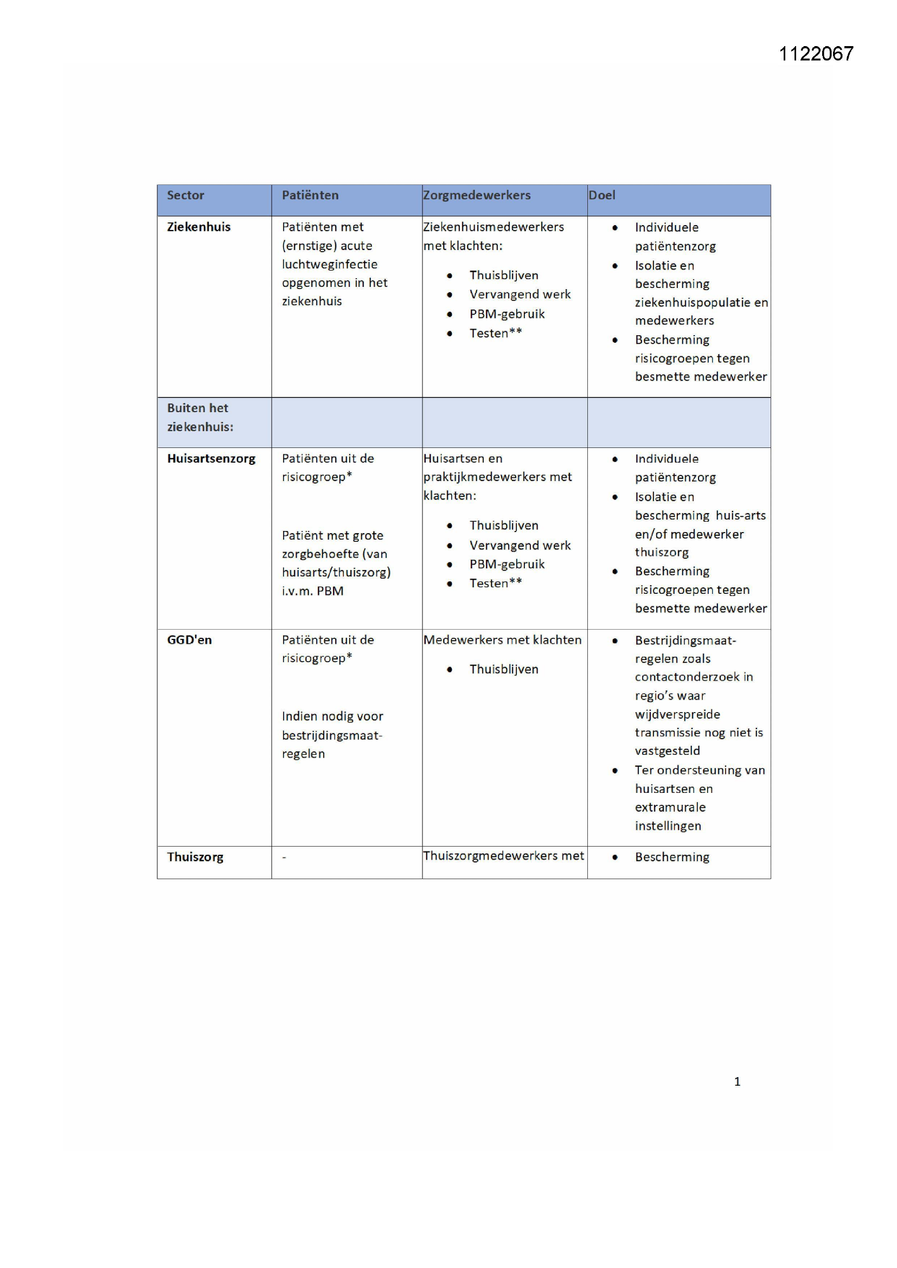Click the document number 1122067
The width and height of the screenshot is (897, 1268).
(x=815, y=54)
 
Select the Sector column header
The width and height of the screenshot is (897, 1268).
(x=185, y=195)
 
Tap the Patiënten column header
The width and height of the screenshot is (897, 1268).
(x=310, y=195)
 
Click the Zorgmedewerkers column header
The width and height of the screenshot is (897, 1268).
(x=477, y=195)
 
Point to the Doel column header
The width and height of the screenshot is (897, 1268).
(x=601, y=195)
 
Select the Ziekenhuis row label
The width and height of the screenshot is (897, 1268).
(x=198, y=227)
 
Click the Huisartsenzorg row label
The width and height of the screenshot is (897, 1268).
(x=211, y=458)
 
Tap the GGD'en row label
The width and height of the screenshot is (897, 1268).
(x=189, y=639)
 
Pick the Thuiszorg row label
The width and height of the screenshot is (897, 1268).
(x=195, y=856)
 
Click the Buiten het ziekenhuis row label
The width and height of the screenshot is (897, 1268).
(x=200, y=417)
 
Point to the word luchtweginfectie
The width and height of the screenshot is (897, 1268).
(x=329, y=264)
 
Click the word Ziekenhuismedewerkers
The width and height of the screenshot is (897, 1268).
(x=493, y=227)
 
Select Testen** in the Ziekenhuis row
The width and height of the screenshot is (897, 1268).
(x=496, y=333)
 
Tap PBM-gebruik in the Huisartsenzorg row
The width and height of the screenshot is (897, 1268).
(x=507, y=564)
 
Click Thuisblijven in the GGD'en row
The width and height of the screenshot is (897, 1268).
(x=503, y=669)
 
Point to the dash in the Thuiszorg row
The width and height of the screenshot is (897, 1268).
(x=284, y=857)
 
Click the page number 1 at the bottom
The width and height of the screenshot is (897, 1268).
(x=737, y=1081)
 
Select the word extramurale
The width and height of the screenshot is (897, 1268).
(x=670, y=807)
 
